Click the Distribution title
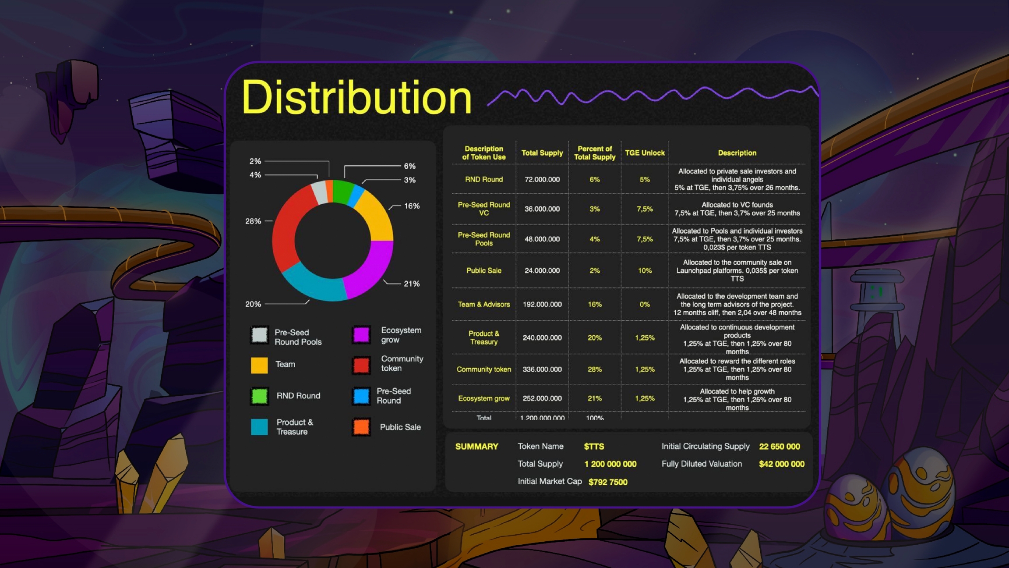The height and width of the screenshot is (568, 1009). pyautogui.click(x=356, y=97)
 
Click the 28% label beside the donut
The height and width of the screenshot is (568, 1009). pyautogui.click(x=253, y=221)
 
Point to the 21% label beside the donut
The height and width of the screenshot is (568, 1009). pyautogui.click(x=412, y=284)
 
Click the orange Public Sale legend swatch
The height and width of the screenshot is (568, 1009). pyautogui.click(x=361, y=427)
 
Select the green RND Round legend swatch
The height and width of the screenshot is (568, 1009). pyautogui.click(x=259, y=396)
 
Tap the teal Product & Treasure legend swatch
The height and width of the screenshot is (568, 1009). pyautogui.click(x=259, y=427)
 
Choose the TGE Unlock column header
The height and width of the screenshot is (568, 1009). pyautogui.click(x=645, y=153)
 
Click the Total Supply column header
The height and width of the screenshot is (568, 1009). pyautogui.click(x=542, y=153)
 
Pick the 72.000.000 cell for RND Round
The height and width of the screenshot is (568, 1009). pyautogui.click(x=542, y=180)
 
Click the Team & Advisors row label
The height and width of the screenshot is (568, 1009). pyautogui.click(x=484, y=305)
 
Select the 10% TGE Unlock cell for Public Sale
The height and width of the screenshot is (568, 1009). pyautogui.click(x=645, y=271)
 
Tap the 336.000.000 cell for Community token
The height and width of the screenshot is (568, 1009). pyautogui.click(x=542, y=369)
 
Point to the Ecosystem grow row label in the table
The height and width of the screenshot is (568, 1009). pyautogui.click(x=484, y=398)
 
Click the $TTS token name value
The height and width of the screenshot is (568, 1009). pyautogui.click(x=594, y=447)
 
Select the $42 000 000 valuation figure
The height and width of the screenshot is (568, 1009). pyautogui.click(x=782, y=464)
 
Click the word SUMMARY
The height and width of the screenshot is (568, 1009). pyautogui.click(x=477, y=447)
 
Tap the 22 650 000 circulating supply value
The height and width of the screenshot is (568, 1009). pyautogui.click(x=780, y=447)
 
